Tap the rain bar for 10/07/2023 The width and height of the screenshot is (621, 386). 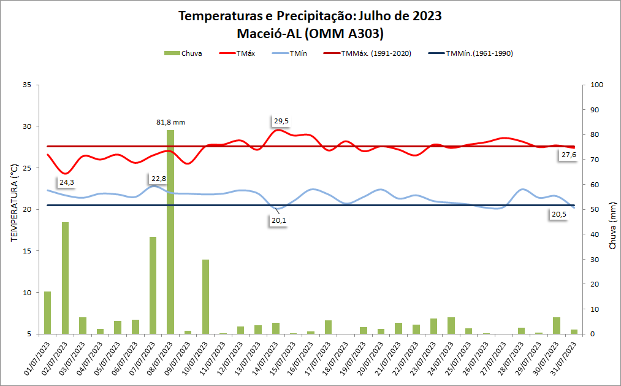[x=206, y=296]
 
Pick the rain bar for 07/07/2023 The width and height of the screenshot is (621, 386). [x=153, y=285]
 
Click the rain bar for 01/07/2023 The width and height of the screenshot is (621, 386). [x=47, y=312]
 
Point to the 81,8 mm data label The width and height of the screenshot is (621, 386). [x=170, y=122]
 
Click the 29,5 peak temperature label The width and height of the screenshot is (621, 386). [x=281, y=121]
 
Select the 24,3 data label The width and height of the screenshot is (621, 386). [x=67, y=182]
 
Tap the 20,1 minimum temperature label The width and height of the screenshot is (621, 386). [x=279, y=220]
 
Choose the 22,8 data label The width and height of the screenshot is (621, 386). [x=158, y=179]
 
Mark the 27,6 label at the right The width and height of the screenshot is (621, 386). [x=568, y=155]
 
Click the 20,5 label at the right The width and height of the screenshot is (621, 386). [x=558, y=214]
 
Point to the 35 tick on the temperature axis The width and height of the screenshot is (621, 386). [x=26, y=85]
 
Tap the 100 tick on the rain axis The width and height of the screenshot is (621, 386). [x=596, y=85]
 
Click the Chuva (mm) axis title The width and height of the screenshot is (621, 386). [x=612, y=228]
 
